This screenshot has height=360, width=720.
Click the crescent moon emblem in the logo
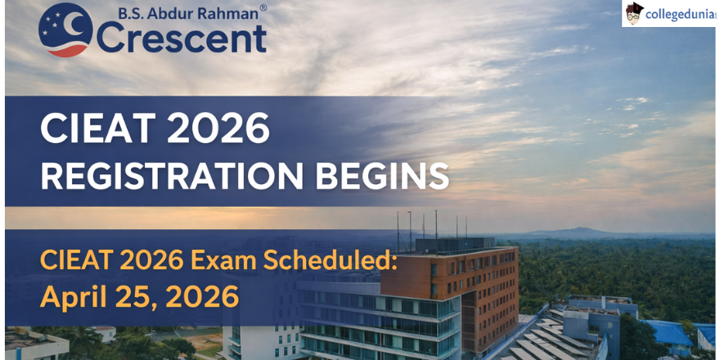tap(66, 30)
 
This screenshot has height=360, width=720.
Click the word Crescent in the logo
tap(182, 38)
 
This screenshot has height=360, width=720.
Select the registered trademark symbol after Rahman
tap(263, 8)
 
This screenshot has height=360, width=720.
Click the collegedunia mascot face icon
tap(635, 13)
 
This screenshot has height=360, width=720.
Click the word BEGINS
tap(383, 176)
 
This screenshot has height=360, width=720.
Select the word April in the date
tap(74, 298)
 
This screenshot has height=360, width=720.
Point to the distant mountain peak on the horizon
tap(583, 231)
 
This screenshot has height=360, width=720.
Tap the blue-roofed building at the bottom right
tap(669, 332)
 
